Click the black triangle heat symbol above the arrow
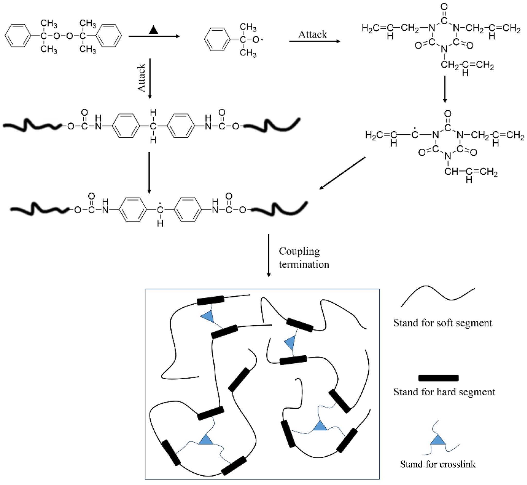point(154,30)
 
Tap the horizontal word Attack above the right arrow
point(313,34)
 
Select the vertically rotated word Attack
point(141,78)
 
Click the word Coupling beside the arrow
point(299,252)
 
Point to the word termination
point(304,265)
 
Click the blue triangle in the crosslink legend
point(438,440)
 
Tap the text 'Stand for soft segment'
point(443,323)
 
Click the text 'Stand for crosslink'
point(438,464)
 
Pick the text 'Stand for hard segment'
point(444,392)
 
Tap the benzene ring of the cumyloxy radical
point(217,40)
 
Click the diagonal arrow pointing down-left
point(342,173)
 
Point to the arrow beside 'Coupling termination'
point(268,255)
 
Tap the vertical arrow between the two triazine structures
point(445,89)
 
